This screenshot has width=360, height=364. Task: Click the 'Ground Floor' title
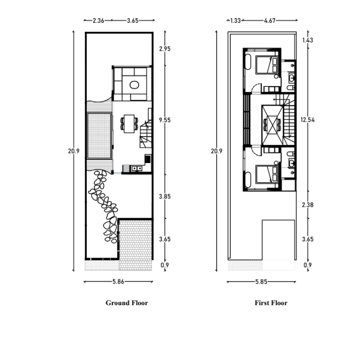coord(127,303)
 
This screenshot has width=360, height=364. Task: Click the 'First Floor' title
coord(271,303)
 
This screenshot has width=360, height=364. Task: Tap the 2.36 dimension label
coord(98,21)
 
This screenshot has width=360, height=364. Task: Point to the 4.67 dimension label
coord(270,21)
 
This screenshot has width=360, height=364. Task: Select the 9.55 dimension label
coord(165,120)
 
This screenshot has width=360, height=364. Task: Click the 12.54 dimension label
coord(307,120)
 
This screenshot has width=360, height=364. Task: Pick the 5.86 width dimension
coord(118,282)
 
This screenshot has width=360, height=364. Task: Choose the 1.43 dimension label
coord(308,40)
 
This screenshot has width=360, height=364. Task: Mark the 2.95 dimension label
coord(165,49)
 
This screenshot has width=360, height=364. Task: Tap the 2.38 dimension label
coord(308,205)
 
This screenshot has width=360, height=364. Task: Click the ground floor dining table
coord(129,124)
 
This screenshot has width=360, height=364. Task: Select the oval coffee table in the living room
coord(134,85)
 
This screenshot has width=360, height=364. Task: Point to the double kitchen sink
coord(137,168)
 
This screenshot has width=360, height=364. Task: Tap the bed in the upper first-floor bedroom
coord(267,65)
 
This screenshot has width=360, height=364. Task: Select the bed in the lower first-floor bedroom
coord(267,174)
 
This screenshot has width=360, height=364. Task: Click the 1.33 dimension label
coord(235,21)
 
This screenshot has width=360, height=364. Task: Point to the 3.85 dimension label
coord(165,197)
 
